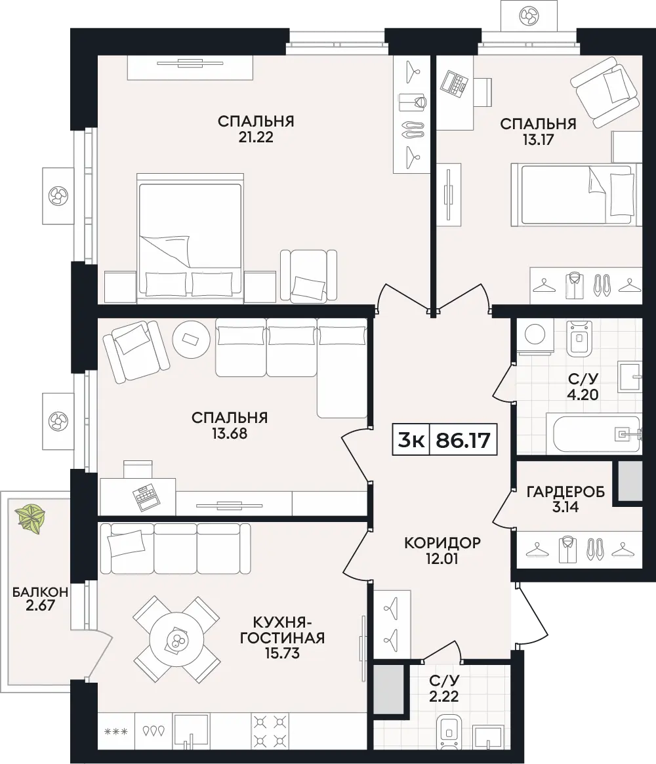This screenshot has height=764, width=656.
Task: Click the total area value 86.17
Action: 463,440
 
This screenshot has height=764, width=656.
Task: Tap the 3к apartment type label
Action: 411,440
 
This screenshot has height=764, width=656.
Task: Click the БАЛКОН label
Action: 40,592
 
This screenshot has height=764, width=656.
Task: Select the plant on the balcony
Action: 30,519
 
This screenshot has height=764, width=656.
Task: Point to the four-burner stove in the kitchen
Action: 269,731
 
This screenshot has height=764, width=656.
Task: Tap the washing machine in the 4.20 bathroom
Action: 535,336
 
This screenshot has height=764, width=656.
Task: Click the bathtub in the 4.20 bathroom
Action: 597,433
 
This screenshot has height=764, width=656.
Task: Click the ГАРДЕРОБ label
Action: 566,492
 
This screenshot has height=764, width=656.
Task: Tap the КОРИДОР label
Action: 443,542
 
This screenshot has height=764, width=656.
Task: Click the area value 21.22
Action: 256,138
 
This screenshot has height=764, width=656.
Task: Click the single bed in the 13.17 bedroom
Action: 576,195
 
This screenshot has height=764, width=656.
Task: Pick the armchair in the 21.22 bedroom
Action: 308,276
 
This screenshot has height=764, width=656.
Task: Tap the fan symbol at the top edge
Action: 529,16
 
